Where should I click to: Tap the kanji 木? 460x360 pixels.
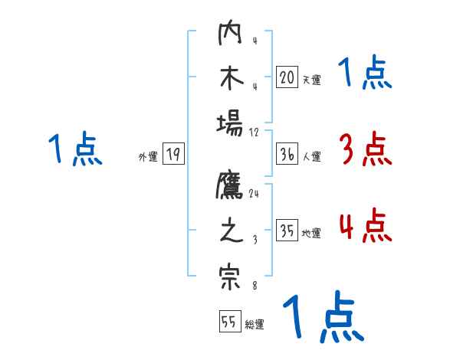click(230, 79)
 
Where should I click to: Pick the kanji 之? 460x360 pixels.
click(230, 232)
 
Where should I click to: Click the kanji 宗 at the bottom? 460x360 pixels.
click(230, 277)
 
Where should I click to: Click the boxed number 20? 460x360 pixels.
click(287, 77)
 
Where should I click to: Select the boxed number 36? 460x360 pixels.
click(287, 154)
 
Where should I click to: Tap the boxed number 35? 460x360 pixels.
click(287, 231)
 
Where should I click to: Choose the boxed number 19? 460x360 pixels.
click(173, 154)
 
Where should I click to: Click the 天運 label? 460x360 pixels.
click(311, 80)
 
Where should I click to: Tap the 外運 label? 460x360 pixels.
click(148, 157)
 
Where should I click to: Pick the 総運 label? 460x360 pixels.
click(255, 325)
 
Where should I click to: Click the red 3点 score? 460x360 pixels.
click(365, 149)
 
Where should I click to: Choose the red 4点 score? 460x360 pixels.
click(365, 226)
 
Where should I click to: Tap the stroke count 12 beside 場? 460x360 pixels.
click(254, 132)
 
